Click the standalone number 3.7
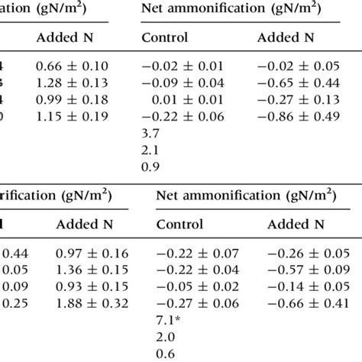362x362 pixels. tap(150, 133)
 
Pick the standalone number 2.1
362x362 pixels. tap(150, 150)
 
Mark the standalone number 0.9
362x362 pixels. tap(150, 166)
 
